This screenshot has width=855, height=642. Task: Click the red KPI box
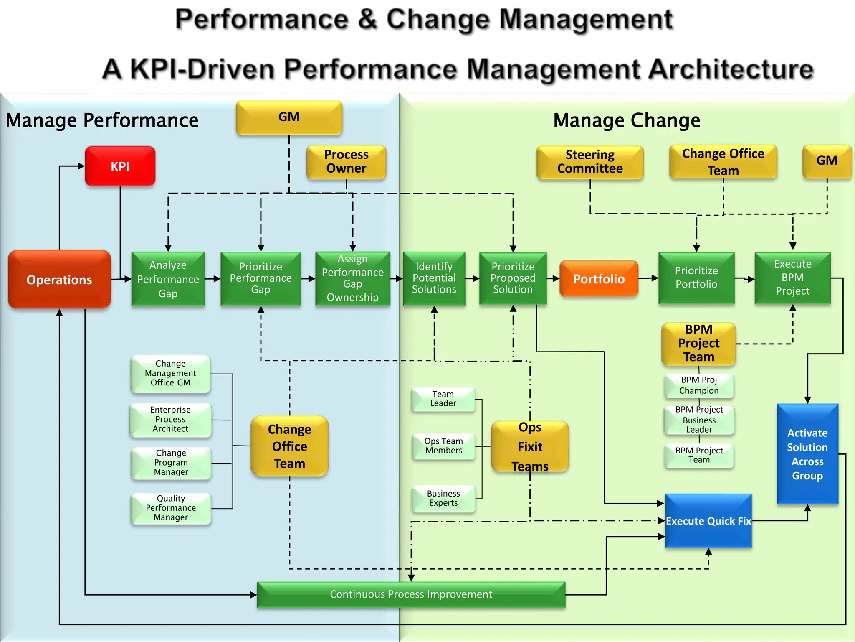coord(120,166)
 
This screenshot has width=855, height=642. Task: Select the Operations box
coord(59,279)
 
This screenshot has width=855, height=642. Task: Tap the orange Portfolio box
coord(599,279)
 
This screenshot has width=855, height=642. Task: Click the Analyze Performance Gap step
coord(168,279)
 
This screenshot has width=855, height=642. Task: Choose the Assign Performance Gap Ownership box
coord(352,278)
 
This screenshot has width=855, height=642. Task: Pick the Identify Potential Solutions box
coord(434,278)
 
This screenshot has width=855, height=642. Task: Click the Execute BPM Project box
coord(792,278)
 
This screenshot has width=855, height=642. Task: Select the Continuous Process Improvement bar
coord(411,594)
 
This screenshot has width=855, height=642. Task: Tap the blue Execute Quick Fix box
coord(708,521)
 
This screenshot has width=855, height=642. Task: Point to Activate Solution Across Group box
coord(807,454)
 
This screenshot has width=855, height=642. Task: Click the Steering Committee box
coord(589,162)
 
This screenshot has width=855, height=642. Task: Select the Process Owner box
coord(346,161)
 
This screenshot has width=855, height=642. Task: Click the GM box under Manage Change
coord(827,161)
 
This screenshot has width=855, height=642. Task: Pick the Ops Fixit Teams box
coord(530,446)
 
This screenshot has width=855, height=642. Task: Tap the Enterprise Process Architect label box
coord(170,419)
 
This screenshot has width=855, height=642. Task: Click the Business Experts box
coord(443,498)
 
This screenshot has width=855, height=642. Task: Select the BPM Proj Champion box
coord(699,385)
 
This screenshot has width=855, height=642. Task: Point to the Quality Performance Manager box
coord(171,508)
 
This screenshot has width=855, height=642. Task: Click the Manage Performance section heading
coord(102,120)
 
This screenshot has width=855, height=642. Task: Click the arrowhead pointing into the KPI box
coord(81,166)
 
